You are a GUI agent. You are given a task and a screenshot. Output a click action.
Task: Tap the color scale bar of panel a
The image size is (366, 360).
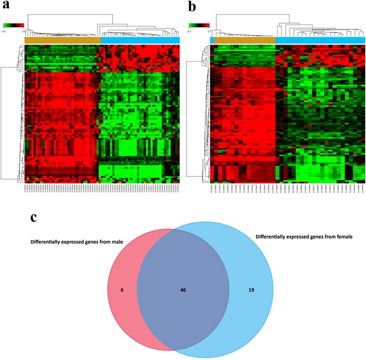click(x=14, y=25)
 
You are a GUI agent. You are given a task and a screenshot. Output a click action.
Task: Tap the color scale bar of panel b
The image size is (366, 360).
click(x=199, y=25)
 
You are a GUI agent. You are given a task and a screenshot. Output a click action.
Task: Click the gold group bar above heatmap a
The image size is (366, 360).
click(x=62, y=40)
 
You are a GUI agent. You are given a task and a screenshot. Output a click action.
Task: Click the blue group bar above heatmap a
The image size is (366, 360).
click(x=140, y=40)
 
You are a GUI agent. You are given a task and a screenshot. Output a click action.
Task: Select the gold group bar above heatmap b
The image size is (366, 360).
click(x=245, y=40)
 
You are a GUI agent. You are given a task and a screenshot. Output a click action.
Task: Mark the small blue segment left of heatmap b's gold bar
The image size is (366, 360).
click(x=212, y=40)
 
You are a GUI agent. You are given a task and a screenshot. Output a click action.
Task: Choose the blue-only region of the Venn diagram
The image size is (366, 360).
click(x=271, y=314)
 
